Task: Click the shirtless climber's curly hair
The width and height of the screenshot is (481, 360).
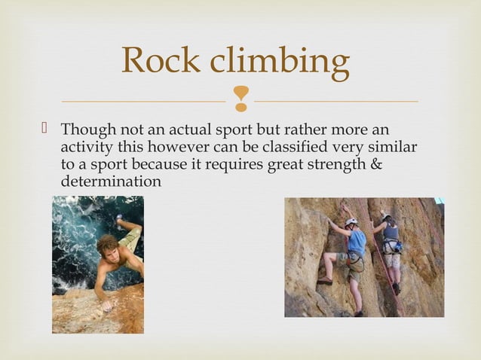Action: coord(109,245)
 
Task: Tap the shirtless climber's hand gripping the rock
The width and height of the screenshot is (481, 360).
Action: coord(106,306)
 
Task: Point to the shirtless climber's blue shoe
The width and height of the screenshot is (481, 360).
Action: coord(120,219)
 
